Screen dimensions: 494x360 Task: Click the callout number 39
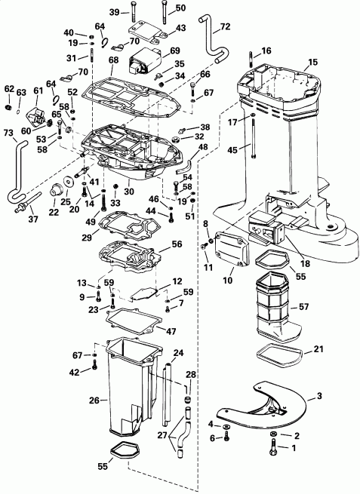[113, 13]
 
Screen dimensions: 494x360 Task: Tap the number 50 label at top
[180, 8]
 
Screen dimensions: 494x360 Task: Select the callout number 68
[114, 60]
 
